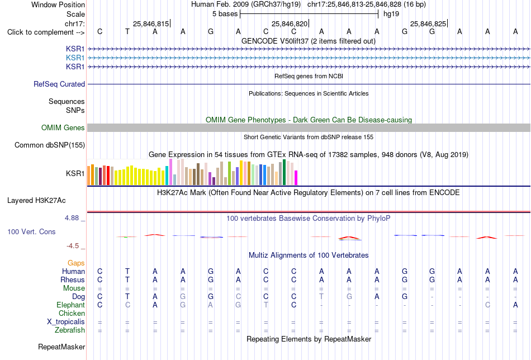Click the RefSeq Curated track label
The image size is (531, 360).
(59, 84)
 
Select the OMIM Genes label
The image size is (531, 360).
(63, 127)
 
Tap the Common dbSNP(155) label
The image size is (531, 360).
(50, 145)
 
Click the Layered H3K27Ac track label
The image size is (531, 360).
(36, 201)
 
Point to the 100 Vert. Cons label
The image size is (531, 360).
(31, 231)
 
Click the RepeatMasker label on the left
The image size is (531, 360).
(61, 347)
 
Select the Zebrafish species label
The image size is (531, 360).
(70, 330)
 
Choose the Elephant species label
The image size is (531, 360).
(70, 305)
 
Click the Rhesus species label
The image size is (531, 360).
(73, 280)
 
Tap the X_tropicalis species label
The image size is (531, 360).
(66, 322)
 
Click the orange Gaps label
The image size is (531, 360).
(76, 263)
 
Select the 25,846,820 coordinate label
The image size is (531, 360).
(290, 23)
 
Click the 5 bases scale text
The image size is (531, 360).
(225, 14)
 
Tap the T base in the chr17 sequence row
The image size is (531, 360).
(127, 31)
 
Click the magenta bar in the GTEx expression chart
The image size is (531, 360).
(296, 178)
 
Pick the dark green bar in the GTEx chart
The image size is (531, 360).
(285, 172)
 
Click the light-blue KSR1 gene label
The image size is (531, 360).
(75, 58)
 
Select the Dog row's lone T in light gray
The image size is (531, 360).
(321, 296)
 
